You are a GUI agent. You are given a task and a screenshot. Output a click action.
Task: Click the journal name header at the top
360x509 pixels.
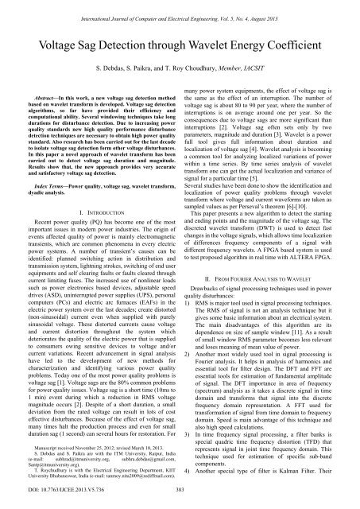click(180, 7)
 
